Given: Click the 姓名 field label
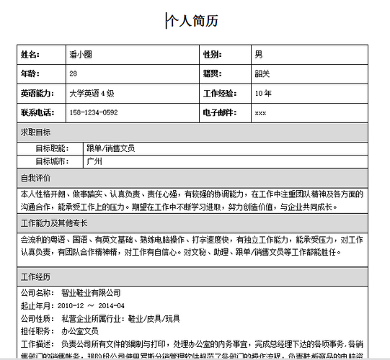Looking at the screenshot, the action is [x=30, y=55].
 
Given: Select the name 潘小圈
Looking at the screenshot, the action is [x=81, y=55].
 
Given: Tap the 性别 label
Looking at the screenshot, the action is [x=213, y=55].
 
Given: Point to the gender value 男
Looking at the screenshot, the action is [x=259, y=55].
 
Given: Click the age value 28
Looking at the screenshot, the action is [x=74, y=74].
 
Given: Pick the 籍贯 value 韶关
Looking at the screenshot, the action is [x=262, y=74].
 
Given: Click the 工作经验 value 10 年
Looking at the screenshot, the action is [x=263, y=94].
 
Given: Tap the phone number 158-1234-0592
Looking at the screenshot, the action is [x=94, y=113].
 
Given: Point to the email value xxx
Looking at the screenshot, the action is [x=260, y=113].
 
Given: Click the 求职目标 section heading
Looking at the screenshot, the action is [x=35, y=132].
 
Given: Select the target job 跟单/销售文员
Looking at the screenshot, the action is [x=110, y=148].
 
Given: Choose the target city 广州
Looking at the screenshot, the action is [x=94, y=161].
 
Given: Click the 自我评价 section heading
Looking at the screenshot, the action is [x=35, y=178].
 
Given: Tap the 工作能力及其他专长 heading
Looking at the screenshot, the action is [x=54, y=223].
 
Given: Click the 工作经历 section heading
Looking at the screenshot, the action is [x=35, y=276].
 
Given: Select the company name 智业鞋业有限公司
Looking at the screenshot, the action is [x=91, y=293].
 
